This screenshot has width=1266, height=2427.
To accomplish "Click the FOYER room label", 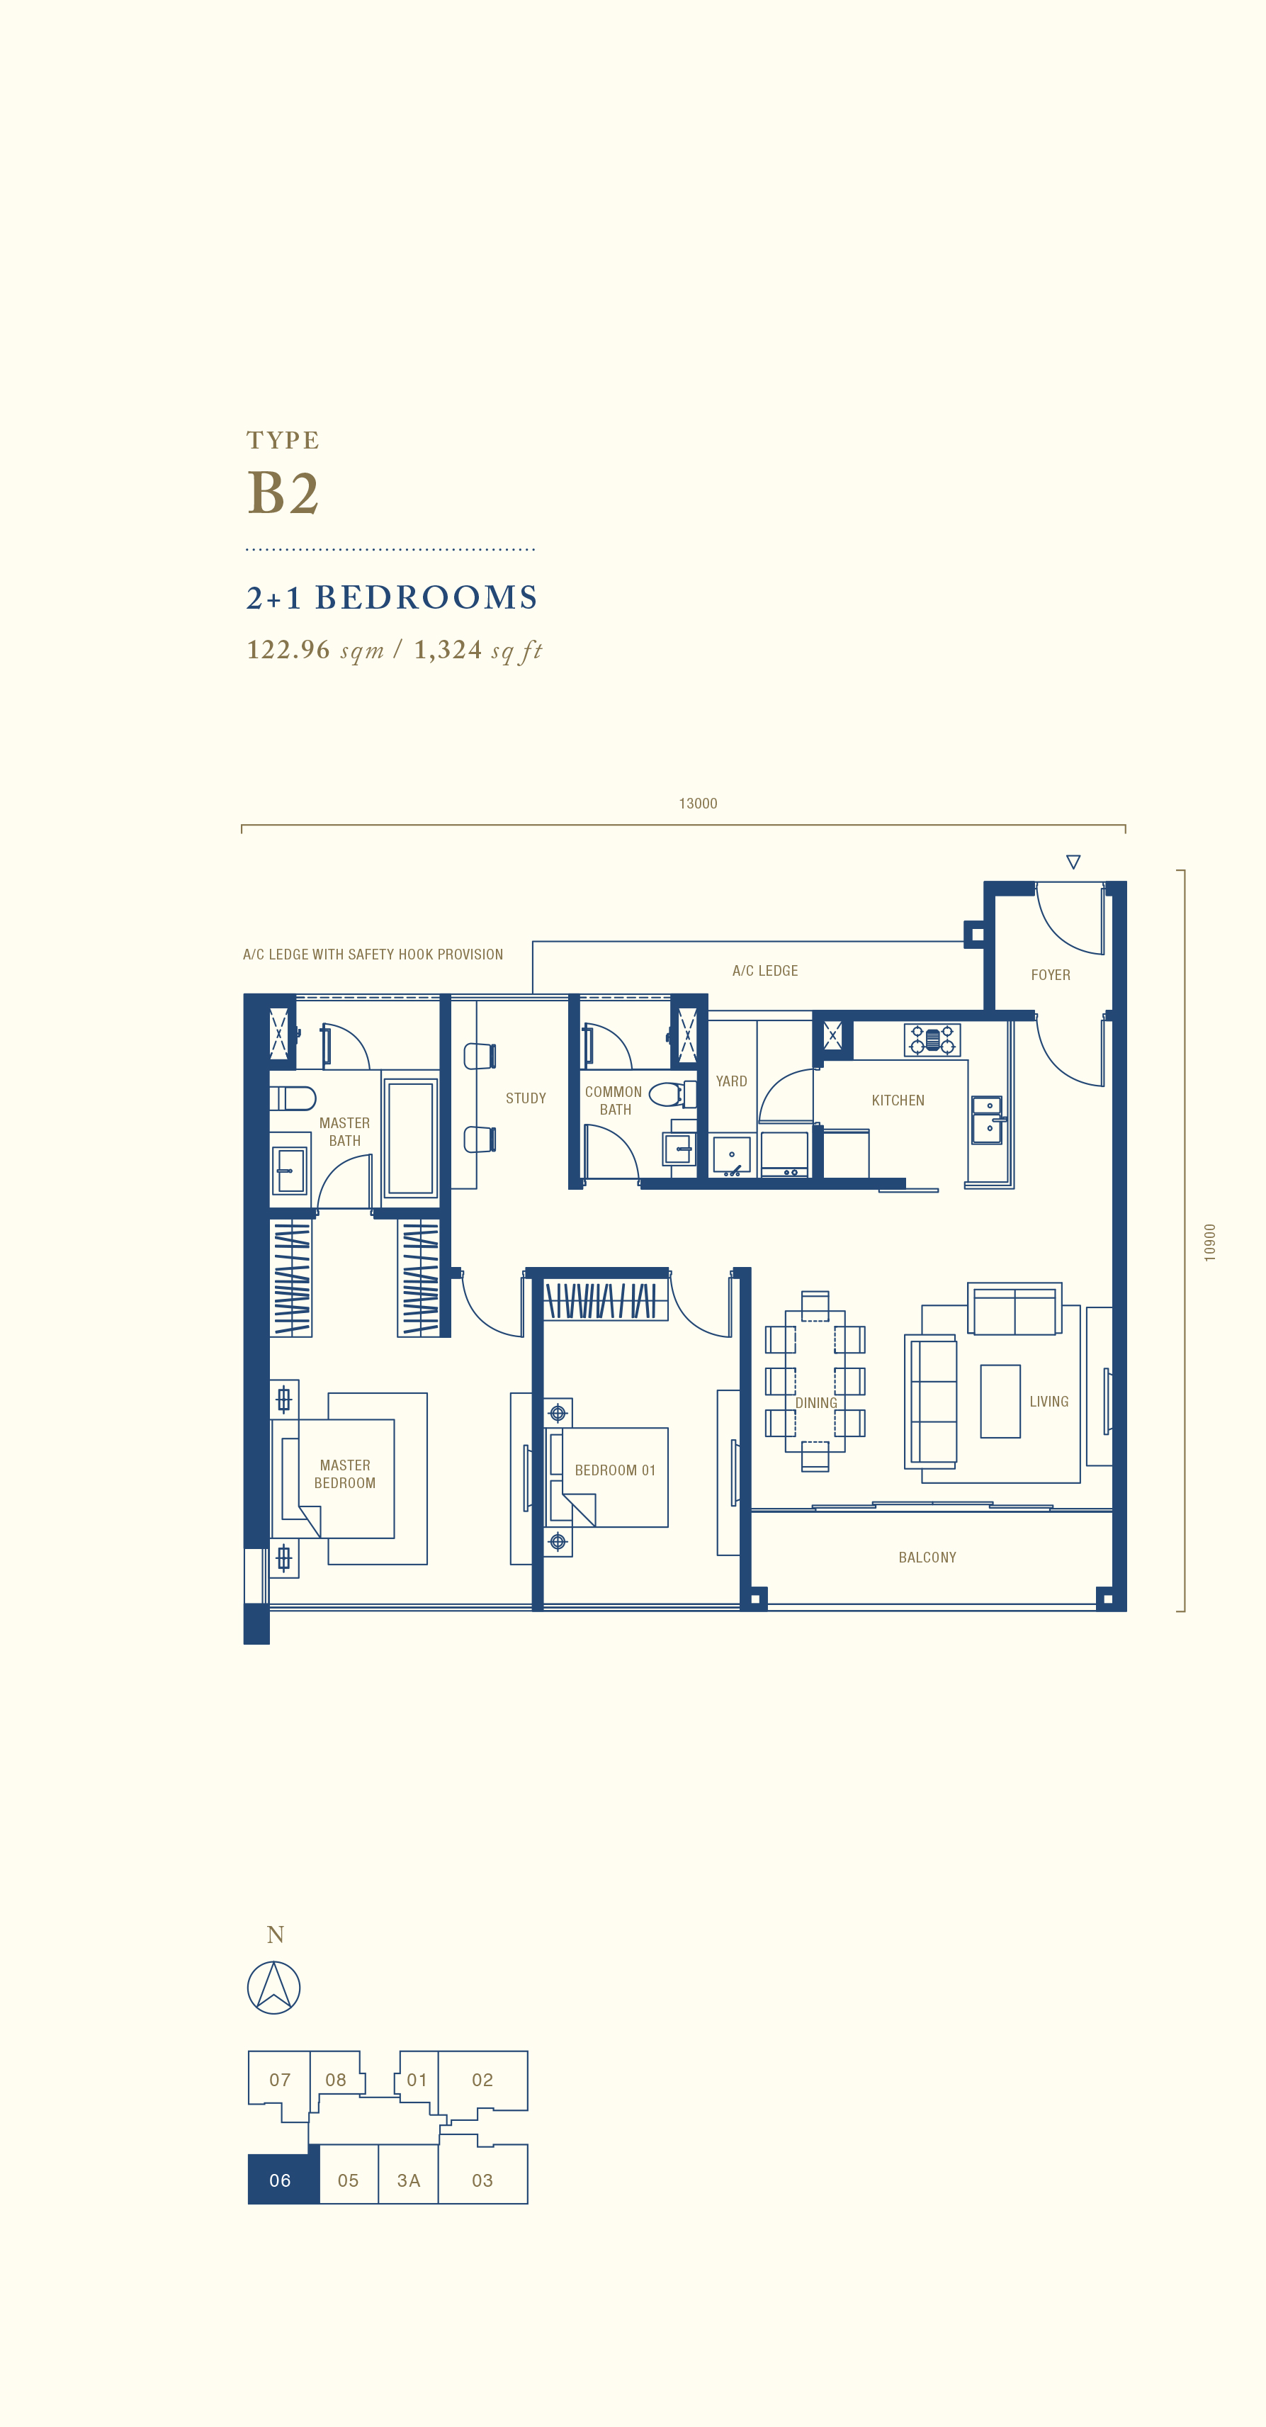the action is pos(1051,975).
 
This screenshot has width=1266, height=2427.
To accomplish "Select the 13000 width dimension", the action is pos(698,804).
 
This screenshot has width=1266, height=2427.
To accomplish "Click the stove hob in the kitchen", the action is pos(932,1040).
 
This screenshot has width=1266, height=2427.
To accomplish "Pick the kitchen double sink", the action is pos(987,1120).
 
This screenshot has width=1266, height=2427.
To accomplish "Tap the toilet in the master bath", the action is pos(293,1098).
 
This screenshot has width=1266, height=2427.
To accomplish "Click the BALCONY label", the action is pos(927,1558).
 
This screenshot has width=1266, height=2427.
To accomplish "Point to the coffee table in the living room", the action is pos(1000,1401).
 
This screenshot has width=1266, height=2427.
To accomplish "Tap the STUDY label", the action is pos(526,1098).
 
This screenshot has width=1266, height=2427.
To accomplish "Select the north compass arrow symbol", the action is pos(274,1988).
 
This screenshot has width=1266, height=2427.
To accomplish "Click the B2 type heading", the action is pos(283,492).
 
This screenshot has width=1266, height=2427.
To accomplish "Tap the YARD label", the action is pos(731,1081).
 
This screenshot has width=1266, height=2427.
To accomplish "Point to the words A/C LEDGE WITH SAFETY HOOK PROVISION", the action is pos(373,955).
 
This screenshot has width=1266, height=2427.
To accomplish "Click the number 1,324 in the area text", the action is pos(448,649).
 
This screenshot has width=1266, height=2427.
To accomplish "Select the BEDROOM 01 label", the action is pos(615,1470).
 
